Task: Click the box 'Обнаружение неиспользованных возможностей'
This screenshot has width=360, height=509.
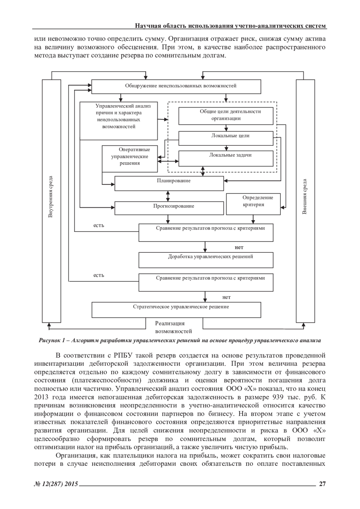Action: point(176,86)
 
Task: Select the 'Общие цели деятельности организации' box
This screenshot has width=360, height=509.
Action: point(226,115)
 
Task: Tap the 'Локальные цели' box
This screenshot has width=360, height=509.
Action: point(226,138)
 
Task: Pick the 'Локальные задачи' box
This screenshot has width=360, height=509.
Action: point(226,158)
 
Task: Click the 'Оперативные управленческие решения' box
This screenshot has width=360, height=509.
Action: point(130,159)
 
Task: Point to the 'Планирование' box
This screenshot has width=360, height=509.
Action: point(169,183)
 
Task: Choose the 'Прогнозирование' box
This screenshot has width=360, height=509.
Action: point(169,208)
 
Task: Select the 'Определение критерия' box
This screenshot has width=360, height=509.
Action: point(253,204)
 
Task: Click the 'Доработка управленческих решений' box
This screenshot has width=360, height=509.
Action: point(206,260)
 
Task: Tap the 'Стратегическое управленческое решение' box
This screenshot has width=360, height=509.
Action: point(176,310)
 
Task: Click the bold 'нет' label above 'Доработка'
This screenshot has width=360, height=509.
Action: point(239,247)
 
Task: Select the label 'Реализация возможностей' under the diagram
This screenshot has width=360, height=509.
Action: point(173,327)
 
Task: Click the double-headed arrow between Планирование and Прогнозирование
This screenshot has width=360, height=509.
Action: point(168,196)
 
